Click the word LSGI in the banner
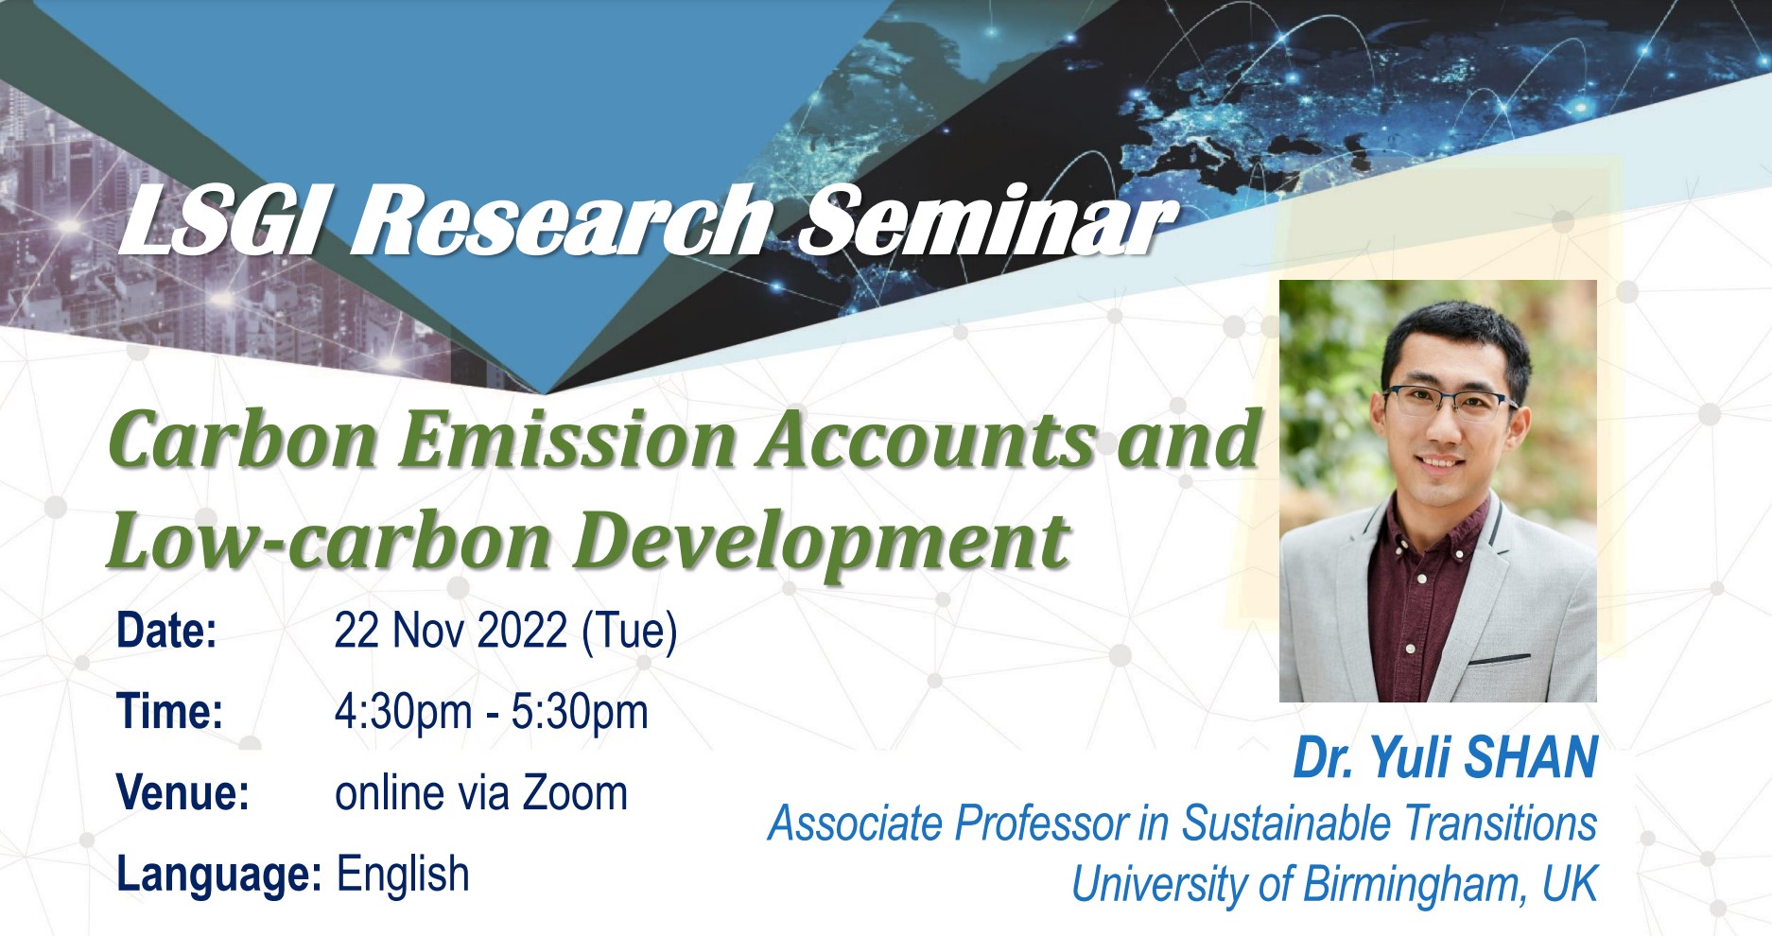pos(219,221)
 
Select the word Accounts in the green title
pos(926,440)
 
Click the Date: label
pos(167,631)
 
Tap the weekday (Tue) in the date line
pos(630,633)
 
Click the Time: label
pos(170,712)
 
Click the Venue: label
pos(183,793)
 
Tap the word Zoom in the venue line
pos(575,793)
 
